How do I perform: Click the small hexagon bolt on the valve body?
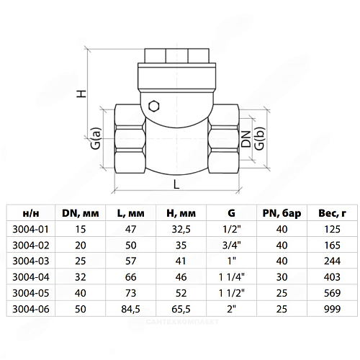point(154,106)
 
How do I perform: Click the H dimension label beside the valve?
point(81,94)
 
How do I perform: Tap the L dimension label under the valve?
point(176,184)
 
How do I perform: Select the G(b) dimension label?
point(260,138)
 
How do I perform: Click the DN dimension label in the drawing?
point(246,139)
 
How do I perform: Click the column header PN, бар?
point(282,213)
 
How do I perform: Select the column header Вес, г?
point(333,213)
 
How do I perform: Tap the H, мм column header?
point(181,213)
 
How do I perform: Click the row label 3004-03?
point(31,261)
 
